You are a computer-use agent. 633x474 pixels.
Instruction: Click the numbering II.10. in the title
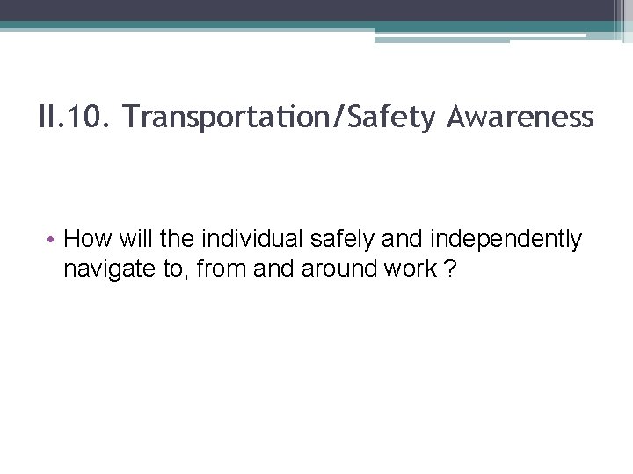pos(73,117)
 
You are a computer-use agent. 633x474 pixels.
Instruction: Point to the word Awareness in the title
pos(520,117)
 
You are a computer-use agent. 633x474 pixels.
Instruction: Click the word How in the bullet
pos(84,239)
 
